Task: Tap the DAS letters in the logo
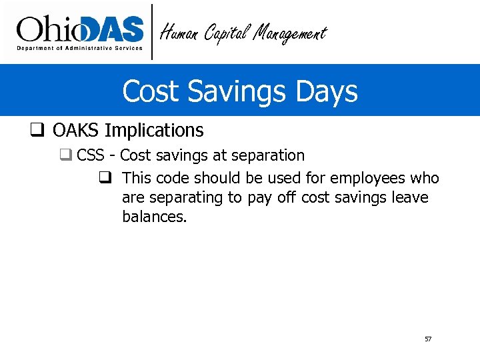[x=111, y=29]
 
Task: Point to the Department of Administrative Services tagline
[x=79, y=49]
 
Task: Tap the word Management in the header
[x=290, y=33]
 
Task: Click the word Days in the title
[x=328, y=91]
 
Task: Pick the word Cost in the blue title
[x=149, y=91]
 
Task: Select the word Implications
[x=154, y=131]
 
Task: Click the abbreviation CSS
[x=91, y=156]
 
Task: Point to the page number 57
[x=428, y=339]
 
